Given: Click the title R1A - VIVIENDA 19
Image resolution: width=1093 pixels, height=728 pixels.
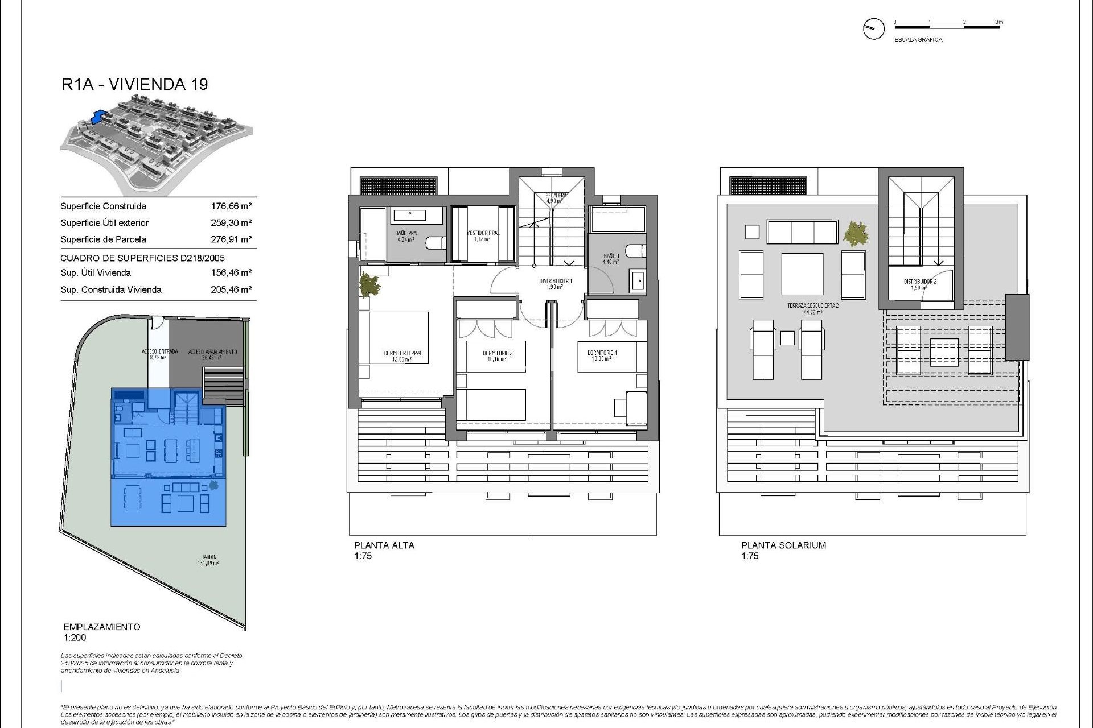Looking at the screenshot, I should (134, 84).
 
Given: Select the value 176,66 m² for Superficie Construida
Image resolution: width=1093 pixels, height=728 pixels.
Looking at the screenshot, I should (231, 206).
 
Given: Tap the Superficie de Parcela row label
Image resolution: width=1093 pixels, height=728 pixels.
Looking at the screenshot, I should (103, 239).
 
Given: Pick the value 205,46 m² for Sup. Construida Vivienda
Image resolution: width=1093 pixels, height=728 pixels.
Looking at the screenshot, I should (231, 289).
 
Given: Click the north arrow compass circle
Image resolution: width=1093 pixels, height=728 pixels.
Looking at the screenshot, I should (873, 28).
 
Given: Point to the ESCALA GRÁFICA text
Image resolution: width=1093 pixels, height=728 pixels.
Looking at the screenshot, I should (918, 40).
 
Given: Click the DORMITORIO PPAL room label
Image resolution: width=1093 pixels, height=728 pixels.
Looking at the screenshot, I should (403, 353).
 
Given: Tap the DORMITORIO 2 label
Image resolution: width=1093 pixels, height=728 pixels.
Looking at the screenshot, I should (497, 353).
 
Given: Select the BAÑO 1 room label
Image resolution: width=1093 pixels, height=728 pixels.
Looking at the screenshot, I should (611, 257).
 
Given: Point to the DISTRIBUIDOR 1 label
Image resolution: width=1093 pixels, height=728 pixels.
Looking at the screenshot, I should (555, 282).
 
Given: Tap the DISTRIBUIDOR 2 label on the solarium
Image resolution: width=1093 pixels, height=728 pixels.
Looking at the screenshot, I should (919, 282).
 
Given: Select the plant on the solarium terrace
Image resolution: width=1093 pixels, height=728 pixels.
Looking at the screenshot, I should (856, 234).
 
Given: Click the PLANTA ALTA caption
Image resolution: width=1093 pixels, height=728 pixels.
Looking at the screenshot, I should (384, 545).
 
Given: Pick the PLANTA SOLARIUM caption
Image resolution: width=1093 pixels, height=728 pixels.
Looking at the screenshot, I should (783, 545).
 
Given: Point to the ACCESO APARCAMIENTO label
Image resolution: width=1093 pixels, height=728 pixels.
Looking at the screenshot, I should (212, 352).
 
